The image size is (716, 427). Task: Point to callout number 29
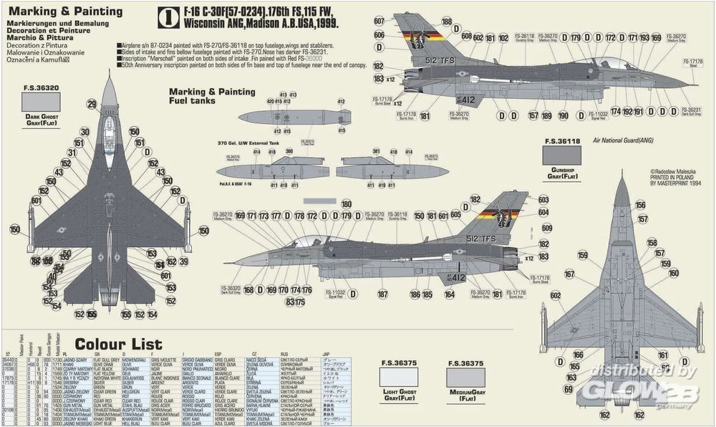point(92,105)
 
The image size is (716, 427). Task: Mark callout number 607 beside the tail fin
point(379,21)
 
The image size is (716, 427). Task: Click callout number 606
point(379,35)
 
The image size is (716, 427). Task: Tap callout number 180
point(347,204)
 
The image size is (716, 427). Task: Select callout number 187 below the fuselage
point(382,294)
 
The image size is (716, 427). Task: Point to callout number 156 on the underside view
point(640,205)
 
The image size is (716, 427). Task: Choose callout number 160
point(675,274)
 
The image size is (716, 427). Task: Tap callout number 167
point(570,274)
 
